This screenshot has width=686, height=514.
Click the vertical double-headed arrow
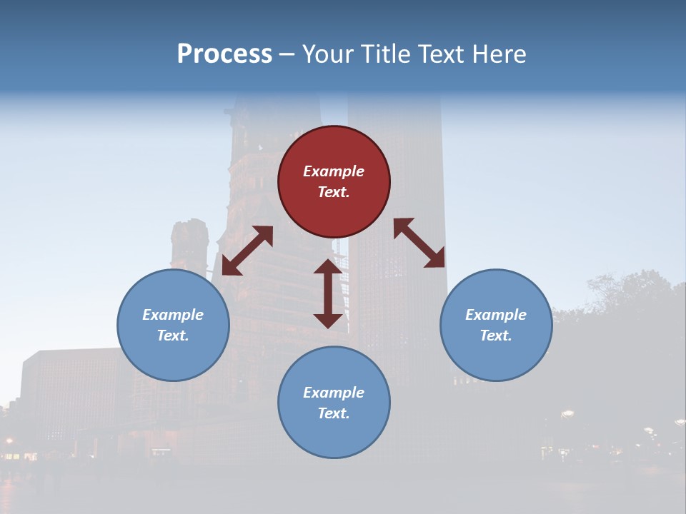point(328,293)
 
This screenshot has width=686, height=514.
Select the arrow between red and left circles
point(247,251)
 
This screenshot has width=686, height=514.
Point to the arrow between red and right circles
point(419,243)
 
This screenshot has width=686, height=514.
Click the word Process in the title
point(224,54)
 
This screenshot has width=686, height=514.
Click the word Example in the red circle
point(334,171)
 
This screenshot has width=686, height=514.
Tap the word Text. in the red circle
point(334,192)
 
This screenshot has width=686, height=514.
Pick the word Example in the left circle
point(173,315)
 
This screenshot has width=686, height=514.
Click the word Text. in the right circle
point(496,336)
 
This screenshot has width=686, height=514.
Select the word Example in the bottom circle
point(334,393)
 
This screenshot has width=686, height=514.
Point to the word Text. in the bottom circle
point(334,413)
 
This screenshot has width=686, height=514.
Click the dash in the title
point(287,54)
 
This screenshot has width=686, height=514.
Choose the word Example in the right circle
point(496,315)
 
